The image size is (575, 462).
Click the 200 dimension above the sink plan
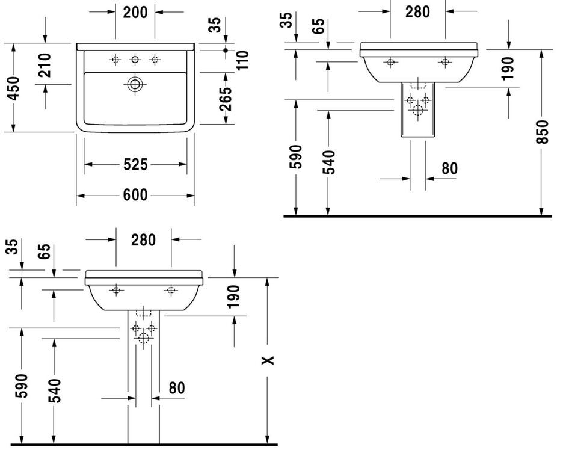(x=135, y=12)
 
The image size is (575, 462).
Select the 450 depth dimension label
(x=14, y=88)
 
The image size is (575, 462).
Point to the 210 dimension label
(x=45, y=65)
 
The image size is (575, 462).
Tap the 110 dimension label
(x=242, y=60)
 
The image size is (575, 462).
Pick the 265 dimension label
(x=226, y=98)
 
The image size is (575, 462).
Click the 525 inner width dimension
(x=135, y=164)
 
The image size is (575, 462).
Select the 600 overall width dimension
(x=135, y=195)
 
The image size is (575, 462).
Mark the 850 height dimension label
(x=541, y=132)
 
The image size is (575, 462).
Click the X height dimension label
(x=268, y=360)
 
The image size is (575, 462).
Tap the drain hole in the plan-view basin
(x=135, y=84)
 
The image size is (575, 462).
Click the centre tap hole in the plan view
(x=135, y=60)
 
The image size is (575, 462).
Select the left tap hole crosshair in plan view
(x=115, y=60)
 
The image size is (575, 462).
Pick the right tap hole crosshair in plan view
(x=155, y=60)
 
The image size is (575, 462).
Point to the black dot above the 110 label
(x=226, y=51)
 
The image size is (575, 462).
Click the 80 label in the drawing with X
(x=177, y=388)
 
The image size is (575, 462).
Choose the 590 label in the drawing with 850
(x=295, y=156)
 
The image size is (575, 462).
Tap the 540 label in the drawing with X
(x=54, y=390)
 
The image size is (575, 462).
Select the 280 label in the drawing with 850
(x=417, y=12)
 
